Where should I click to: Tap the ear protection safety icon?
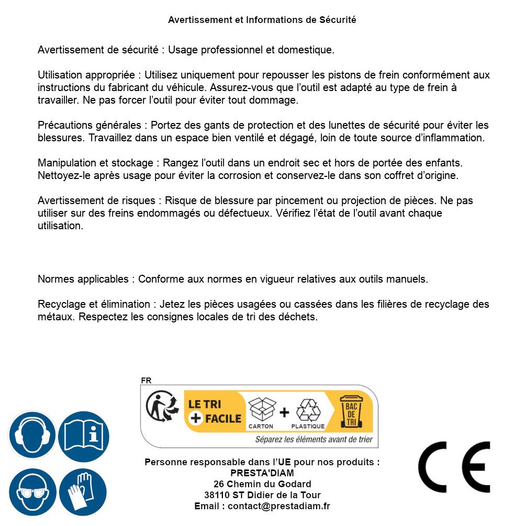32,435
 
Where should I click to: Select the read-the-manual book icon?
84,435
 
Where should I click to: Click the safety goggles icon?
32,492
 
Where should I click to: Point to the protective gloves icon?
84,492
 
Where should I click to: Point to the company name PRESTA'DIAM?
262,473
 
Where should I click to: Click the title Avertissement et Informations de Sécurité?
262,20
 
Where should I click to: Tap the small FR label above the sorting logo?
146,381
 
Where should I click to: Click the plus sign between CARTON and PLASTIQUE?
284,412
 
